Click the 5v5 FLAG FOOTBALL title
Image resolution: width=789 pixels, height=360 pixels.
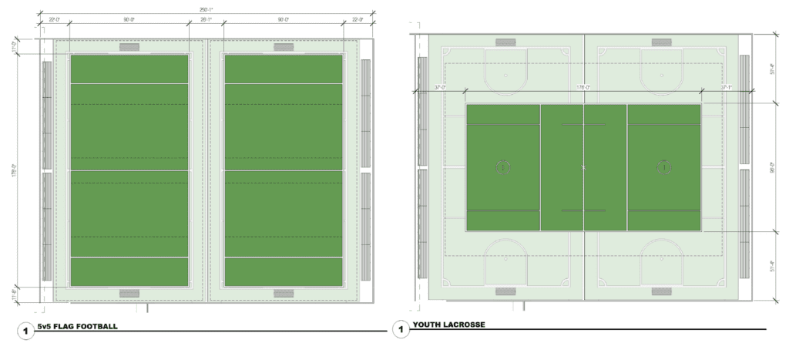click(77, 327)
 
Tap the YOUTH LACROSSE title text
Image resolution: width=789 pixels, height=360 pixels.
click(448, 325)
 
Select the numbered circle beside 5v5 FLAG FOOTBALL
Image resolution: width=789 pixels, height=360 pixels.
click(25, 331)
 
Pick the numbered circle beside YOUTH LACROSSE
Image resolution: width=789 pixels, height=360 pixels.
click(401, 331)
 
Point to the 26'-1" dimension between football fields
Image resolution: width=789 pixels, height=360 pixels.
click(206, 20)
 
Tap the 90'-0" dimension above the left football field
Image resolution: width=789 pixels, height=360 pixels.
click(129, 20)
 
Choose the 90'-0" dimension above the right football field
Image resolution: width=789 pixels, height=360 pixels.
click(284, 20)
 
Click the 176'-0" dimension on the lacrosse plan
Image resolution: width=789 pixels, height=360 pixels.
click(583, 87)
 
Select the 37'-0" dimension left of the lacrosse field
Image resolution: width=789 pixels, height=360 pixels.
click(441, 87)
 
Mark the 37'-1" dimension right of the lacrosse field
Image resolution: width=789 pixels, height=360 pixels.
click(726, 87)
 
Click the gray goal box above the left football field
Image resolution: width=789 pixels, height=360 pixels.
click(129, 47)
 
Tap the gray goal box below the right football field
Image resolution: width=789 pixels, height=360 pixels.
click(284, 293)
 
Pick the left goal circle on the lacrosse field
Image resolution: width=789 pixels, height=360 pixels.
click(502, 166)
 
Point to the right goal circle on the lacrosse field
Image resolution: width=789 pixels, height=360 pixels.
click(663, 166)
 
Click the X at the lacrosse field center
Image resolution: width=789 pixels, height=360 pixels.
click(583, 167)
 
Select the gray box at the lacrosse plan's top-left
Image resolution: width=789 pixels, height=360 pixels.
click(505, 42)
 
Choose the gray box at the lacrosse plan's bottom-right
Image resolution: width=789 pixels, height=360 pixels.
click(662, 291)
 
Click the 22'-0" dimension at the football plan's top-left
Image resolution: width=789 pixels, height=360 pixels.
click(54, 20)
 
